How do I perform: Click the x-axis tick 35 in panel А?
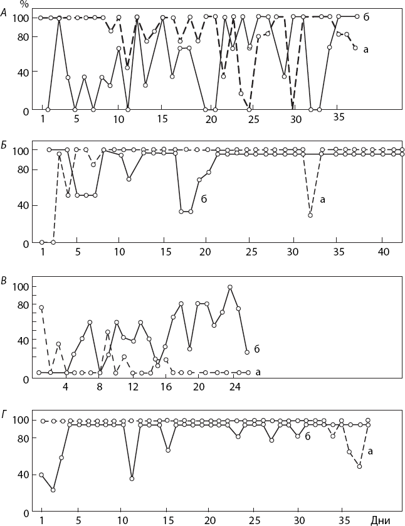tap(339, 118)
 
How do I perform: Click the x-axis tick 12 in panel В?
tap(133, 387)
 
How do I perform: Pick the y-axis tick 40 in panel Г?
tap(24, 475)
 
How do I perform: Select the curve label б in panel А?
tap(366, 17)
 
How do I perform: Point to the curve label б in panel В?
tap(256, 348)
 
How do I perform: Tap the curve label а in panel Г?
tap(371, 450)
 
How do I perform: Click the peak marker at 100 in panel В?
tap(230, 287)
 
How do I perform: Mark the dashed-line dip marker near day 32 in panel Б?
tap(310, 215)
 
